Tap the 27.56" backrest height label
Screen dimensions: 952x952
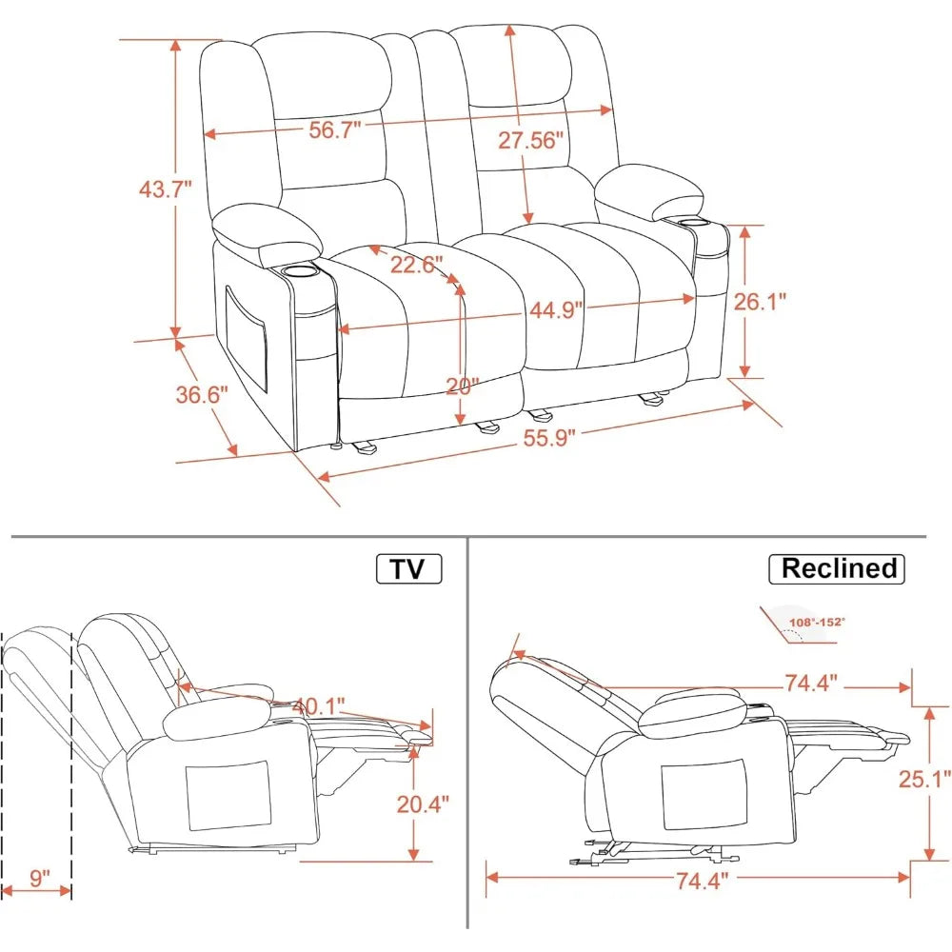530,139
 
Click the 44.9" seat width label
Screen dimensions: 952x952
553,309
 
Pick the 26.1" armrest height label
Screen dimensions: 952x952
761,302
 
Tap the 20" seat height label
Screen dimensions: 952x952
463,386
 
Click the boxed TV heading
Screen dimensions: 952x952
409,568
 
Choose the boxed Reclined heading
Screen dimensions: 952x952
838,568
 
